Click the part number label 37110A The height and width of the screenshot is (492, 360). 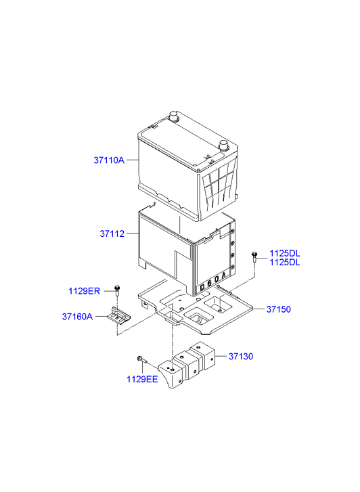(109, 160)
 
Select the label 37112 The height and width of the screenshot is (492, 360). (112, 233)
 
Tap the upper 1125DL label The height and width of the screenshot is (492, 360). (285, 253)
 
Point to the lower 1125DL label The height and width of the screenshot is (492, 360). (285, 263)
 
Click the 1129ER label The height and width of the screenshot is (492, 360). (84, 291)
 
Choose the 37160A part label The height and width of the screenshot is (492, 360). (77, 317)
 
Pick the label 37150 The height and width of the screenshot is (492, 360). (278, 309)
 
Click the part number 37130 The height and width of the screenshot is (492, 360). (241, 356)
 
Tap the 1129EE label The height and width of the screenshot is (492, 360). (142, 379)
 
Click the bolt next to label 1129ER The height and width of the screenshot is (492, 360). (117, 290)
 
